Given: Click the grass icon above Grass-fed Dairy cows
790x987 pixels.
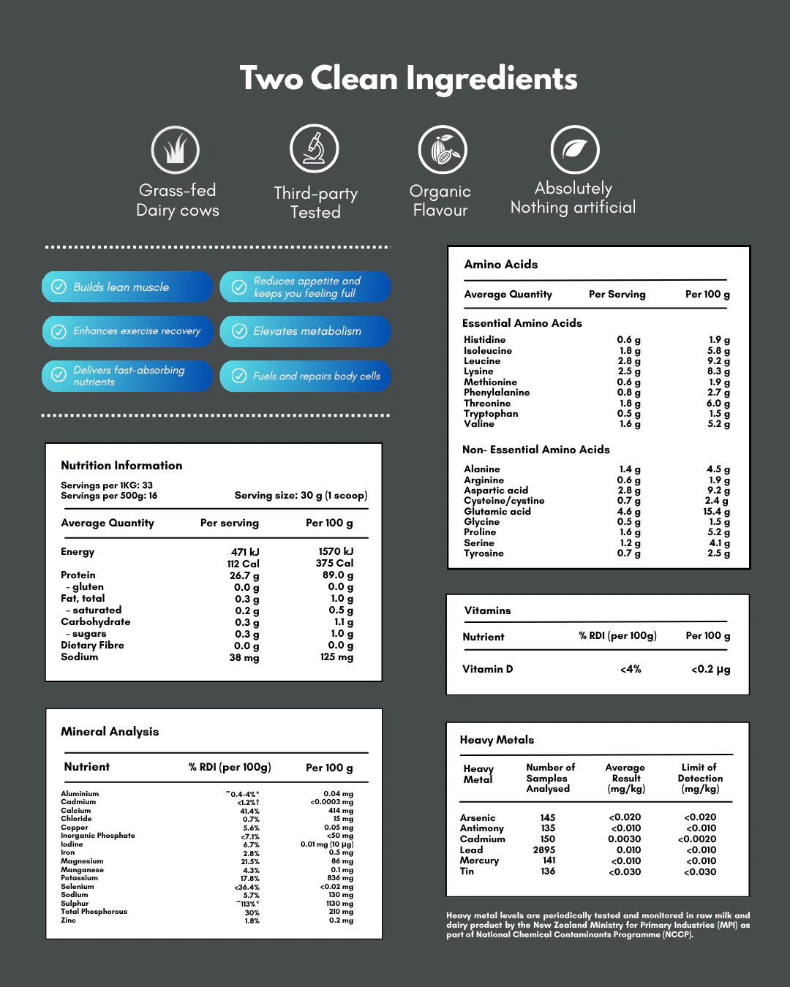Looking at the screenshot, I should (176, 150).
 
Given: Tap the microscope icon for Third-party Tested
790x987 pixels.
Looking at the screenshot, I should (315, 148).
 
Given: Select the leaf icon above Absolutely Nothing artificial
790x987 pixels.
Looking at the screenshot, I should (575, 150).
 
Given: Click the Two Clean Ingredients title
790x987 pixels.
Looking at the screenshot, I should (408, 78).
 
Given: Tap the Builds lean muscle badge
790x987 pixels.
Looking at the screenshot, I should (127, 287).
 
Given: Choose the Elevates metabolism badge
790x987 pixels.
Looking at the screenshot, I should (306, 331).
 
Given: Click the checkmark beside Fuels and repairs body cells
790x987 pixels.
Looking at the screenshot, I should (239, 376).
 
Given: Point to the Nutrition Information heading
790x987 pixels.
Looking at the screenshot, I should (121, 465).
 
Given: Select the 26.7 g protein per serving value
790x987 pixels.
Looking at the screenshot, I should (244, 575).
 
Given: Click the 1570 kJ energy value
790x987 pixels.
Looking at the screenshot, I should (336, 551).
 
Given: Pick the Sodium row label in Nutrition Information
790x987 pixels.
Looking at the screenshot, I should (79, 657).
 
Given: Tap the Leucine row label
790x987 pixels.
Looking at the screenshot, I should (482, 361).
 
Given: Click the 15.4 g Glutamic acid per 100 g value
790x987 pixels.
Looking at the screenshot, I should (716, 512).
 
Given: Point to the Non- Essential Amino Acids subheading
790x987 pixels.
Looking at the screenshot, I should (535, 450).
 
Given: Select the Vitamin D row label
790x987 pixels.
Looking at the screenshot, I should (487, 669).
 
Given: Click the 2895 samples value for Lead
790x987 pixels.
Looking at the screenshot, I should (544, 850).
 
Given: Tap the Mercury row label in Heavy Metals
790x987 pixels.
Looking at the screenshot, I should (479, 861).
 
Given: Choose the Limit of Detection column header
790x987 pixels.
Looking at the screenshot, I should (700, 778).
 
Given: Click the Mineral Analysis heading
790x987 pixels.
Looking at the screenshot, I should (110, 731).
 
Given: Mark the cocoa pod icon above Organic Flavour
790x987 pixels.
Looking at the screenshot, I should (442, 150).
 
